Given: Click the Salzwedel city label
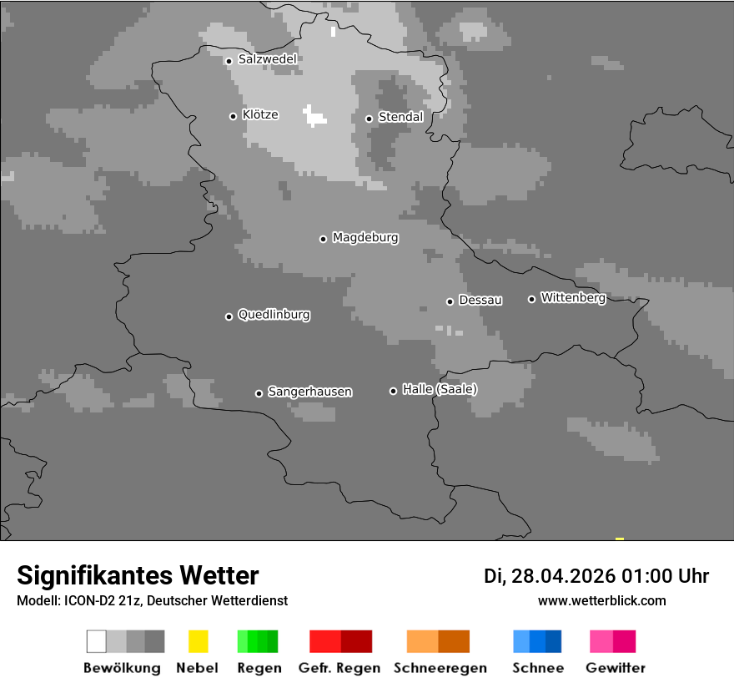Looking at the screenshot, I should pos(267,59).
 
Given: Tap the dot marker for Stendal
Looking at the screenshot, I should pos(369,119).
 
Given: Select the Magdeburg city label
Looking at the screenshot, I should pos(365,238).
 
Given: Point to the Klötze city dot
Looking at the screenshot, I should pos(233,116).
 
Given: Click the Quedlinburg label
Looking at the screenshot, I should pos(274,315).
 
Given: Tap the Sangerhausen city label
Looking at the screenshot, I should pos(309,392).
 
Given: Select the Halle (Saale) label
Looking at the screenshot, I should pos(440,389).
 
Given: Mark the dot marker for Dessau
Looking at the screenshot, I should pos(450,301).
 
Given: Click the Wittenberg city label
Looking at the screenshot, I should pos(573,297).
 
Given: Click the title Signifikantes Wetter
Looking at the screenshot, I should pos(138,575).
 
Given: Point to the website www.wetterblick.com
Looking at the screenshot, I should pos(601,600).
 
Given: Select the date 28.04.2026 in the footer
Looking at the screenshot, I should pos(563,576).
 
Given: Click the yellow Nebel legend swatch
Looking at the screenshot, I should pos(198,641).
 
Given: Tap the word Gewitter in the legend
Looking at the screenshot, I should pos(616,668).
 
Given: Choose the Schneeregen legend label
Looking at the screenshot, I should pos(440,668).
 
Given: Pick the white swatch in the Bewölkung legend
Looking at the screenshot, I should pos(97,641).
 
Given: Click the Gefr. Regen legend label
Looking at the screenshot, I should pos(339,668).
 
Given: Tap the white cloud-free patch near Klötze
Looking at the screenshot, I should pos(314,115).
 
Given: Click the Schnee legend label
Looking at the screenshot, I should pos(537,668).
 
